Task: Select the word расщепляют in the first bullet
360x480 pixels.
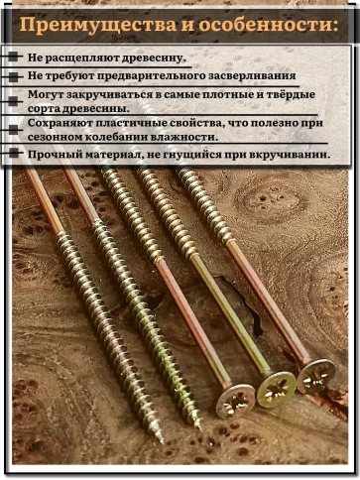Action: click(x=83, y=59)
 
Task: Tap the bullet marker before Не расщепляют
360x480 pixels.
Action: click(x=13, y=59)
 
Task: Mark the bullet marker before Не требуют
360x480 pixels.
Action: click(x=13, y=74)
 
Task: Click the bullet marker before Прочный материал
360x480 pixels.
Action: click(x=13, y=154)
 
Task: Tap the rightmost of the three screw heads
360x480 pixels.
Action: click(x=315, y=375)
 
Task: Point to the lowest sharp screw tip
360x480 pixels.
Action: click(x=159, y=437)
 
